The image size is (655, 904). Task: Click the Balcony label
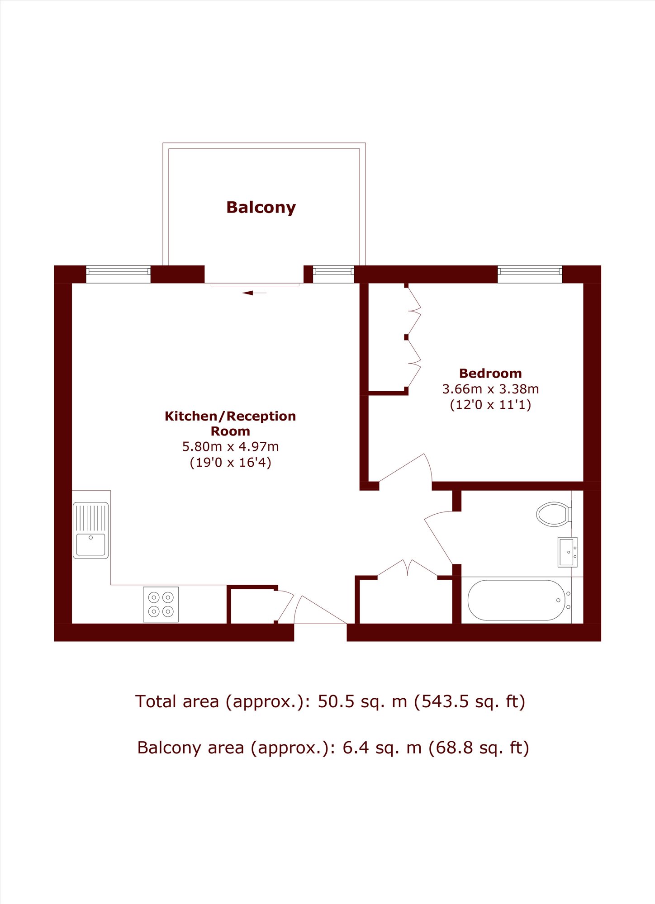[261, 208]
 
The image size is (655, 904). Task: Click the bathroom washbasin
[567, 552]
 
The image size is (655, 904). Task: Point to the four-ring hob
[161, 604]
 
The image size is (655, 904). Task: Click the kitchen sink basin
[90, 544]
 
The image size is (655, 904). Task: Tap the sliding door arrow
[254, 293]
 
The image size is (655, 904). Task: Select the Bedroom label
[490, 373]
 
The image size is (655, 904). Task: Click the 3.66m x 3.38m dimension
[490, 389]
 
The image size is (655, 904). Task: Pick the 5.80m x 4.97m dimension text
[230, 446]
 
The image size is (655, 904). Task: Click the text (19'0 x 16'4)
[230, 462]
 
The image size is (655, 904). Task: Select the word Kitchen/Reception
[230, 416]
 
